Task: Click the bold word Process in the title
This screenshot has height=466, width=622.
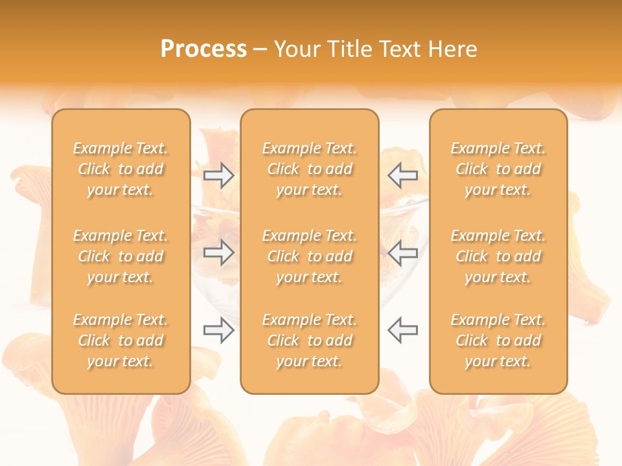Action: [203, 49]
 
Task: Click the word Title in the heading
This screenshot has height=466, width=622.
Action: [347, 49]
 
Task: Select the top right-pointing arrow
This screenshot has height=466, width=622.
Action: [219, 175]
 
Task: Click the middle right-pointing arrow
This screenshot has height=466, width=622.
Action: [219, 253]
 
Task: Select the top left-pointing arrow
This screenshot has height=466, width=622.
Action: [402, 175]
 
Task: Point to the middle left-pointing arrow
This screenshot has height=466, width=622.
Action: [402, 253]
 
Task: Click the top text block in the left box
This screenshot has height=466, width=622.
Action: [121, 169]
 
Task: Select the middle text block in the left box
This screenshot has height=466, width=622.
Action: [121, 256]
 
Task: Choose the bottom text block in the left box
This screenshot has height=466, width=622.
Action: [121, 340]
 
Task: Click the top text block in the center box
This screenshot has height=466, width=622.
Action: [310, 169]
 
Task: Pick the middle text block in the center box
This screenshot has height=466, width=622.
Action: [310, 256]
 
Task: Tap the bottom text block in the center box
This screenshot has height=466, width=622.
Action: [310, 340]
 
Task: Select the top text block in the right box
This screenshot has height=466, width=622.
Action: [498, 169]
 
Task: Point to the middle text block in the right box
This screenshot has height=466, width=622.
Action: [498, 256]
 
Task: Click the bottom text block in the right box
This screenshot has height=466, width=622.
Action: [498, 340]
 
